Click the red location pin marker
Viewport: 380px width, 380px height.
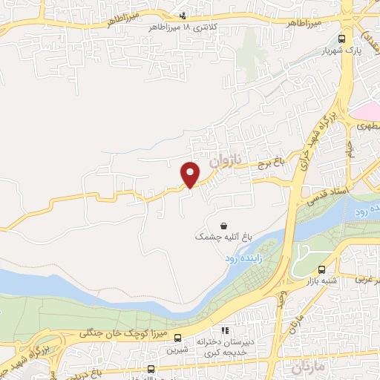[x=191, y=174]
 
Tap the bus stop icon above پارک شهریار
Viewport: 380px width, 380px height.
[x=341, y=39]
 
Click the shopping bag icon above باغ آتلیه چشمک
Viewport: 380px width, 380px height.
[x=223, y=225]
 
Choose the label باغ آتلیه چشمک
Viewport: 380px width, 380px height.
[x=223, y=237]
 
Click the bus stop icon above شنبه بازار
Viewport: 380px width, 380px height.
[x=321, y=270]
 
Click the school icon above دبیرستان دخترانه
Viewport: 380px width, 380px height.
[x=224, y=331]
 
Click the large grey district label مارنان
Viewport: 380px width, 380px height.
[x=310, y=366]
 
